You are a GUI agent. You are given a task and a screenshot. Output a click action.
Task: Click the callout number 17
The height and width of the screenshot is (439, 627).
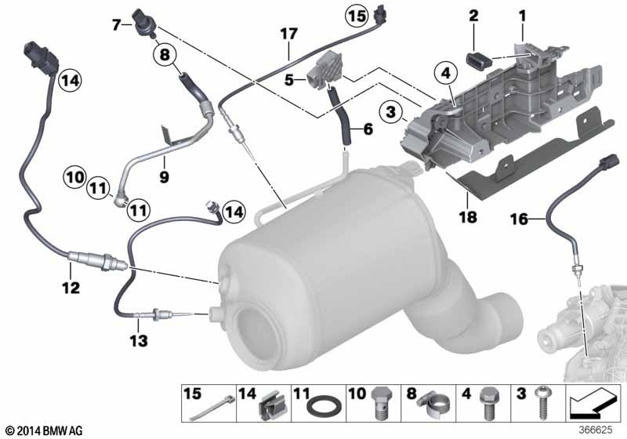[288, 34]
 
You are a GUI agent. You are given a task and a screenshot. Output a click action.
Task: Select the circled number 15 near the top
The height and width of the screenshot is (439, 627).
[357, 16]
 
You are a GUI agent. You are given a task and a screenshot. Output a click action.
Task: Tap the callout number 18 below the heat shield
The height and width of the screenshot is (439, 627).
[468, 217]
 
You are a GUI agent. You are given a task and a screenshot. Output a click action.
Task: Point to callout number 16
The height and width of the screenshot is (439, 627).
[519, 219]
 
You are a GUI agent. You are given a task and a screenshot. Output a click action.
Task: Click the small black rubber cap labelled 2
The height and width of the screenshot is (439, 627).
[479, 59]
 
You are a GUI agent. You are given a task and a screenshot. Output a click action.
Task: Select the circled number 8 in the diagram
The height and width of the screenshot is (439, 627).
[165, 53]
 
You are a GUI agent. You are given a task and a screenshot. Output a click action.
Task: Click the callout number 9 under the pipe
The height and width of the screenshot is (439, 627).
[165, 176]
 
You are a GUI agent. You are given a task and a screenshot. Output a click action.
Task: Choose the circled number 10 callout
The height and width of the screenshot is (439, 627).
[74, 176]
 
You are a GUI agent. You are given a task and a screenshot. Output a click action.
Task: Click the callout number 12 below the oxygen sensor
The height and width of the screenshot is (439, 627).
[71, 288]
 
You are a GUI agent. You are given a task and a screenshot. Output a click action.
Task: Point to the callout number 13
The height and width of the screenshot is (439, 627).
[139, 341]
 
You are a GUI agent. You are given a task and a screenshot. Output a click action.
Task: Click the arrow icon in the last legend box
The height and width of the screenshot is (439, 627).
[593, 404]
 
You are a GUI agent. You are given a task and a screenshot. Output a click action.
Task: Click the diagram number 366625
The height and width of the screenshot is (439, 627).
[596, 430]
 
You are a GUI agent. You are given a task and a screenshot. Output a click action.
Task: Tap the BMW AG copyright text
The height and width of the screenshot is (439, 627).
[43, 430]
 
